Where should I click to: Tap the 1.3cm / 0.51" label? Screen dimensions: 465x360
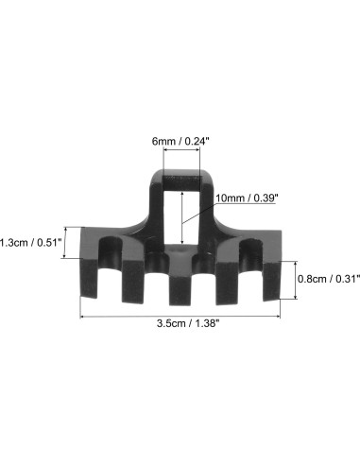coord(30,242)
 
